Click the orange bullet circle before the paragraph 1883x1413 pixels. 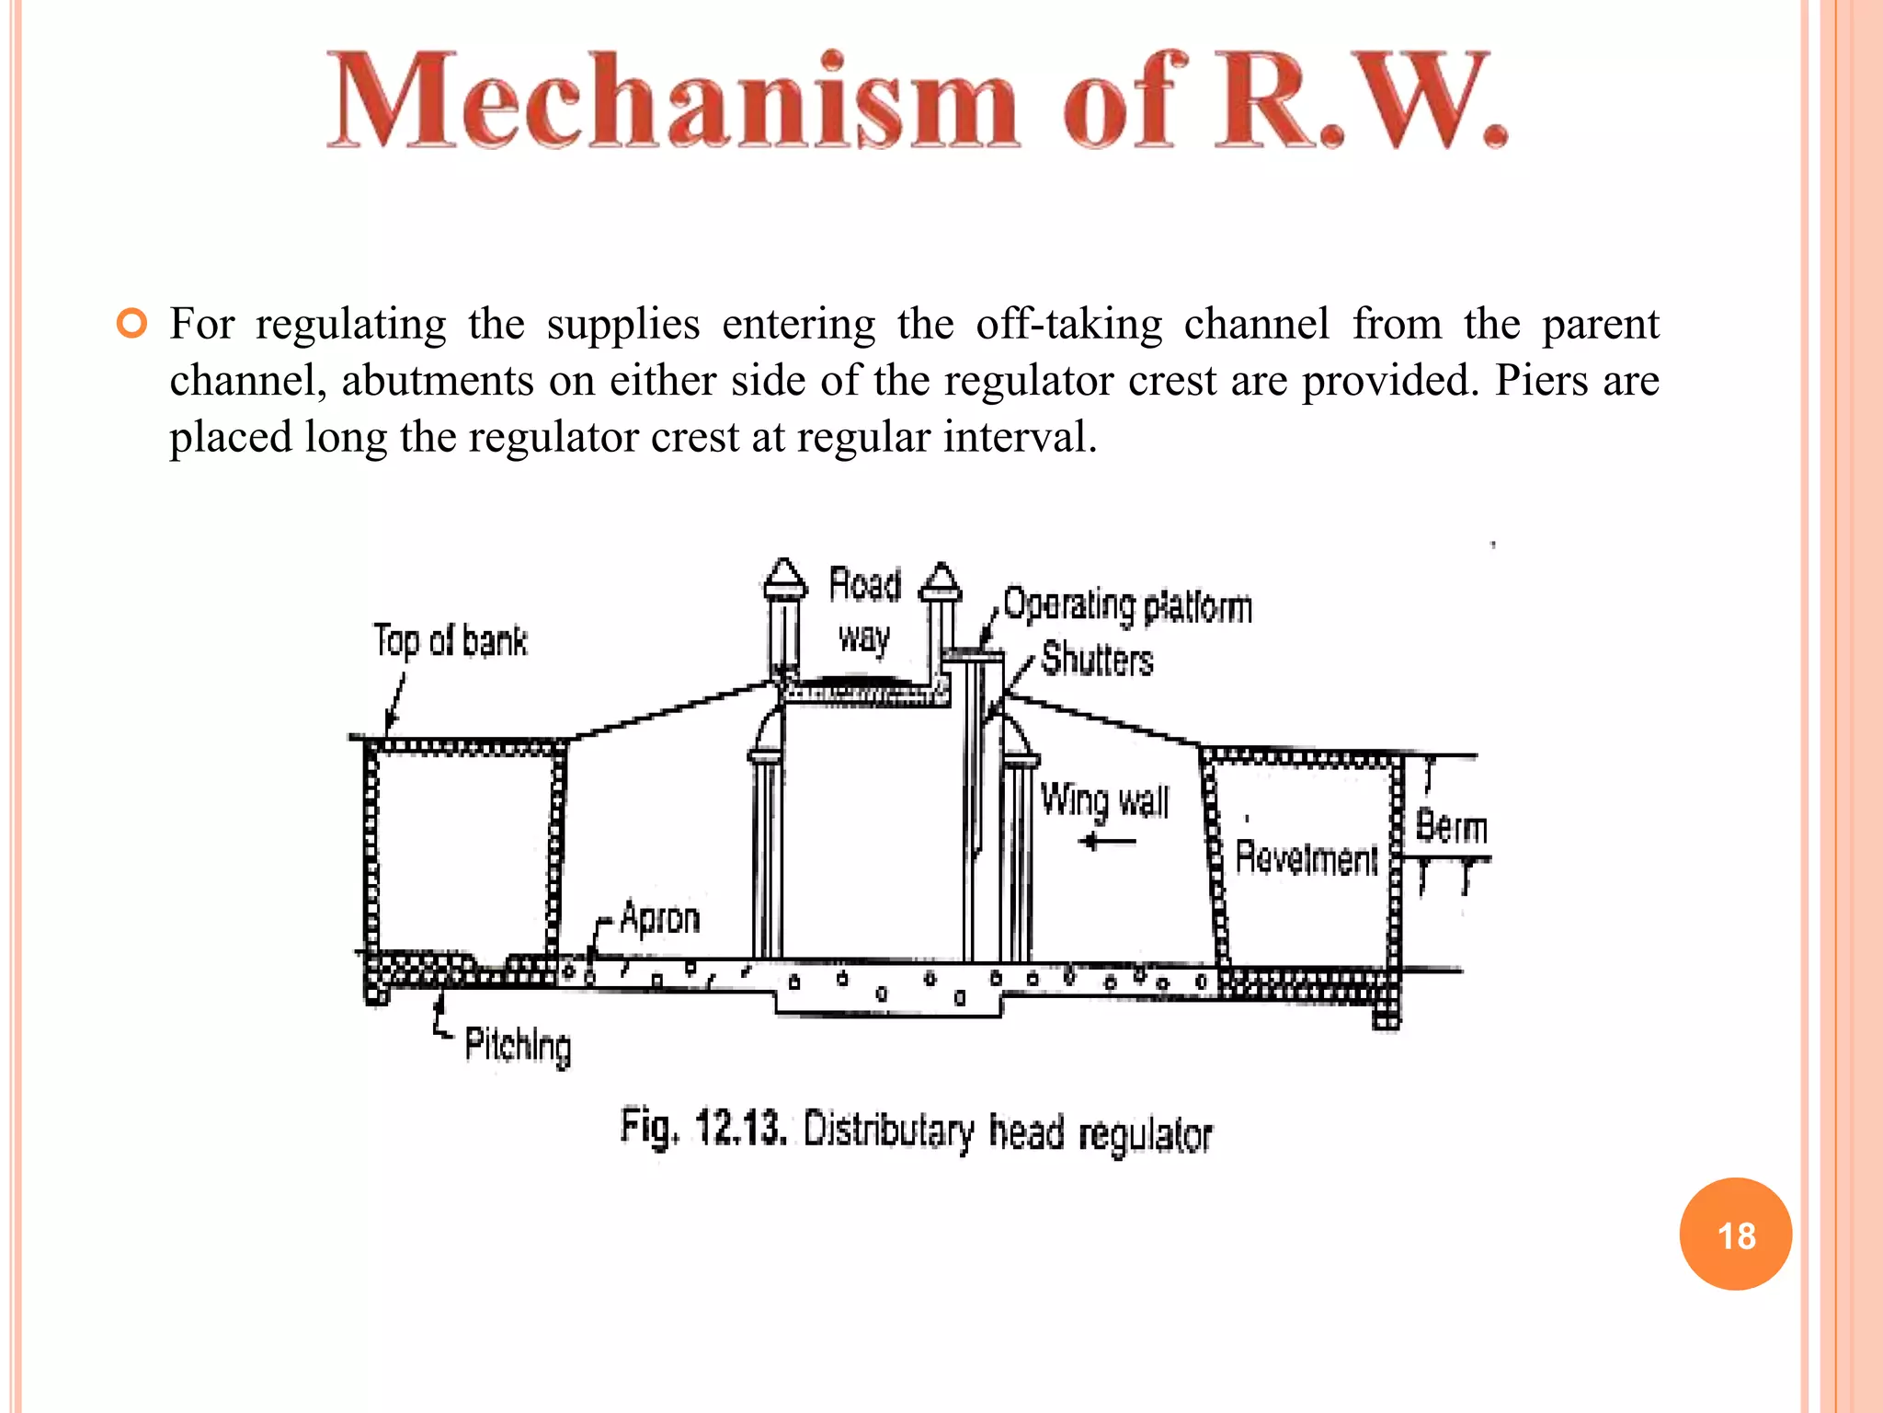(x=132, y=325)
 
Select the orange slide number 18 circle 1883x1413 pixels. (x=1735, y=1234)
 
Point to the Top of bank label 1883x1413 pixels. (x=451, y=641)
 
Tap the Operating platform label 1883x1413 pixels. (x=1127, y=605)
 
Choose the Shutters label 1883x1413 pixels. (x=1097, y=660)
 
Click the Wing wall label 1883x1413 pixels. (x=1104, y=799)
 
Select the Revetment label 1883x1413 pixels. (x=1306, y=857)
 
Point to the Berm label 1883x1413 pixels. (x=1451, y=826)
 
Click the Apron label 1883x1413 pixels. (x=659, y=918)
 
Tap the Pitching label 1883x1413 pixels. (x=518, y=1045)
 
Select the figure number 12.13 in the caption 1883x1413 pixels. (x=740, y=1128)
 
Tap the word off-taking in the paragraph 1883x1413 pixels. (x=1068, y=325)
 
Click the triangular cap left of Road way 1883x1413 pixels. (x=784, y=578)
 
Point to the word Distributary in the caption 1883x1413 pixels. (x=888, y=1131)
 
